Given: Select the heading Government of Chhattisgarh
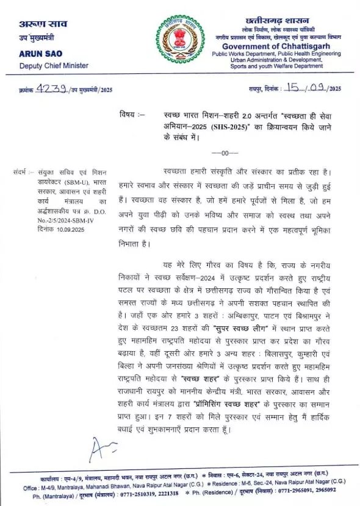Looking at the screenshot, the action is coord(274,46).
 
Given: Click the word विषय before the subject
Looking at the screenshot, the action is coord(129,113).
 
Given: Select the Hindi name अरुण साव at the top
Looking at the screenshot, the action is coord(41,24).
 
